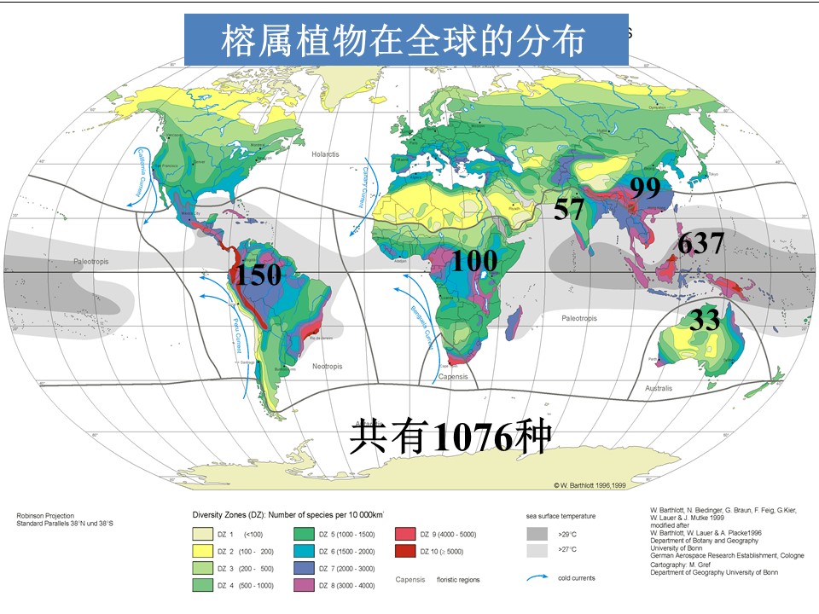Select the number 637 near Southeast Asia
(700, 244)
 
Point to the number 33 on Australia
(705, 321)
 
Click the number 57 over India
(568, 208)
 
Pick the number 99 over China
(645, 188)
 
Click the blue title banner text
(405, 39)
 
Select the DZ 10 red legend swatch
(405, 552)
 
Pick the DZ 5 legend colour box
(303, 534)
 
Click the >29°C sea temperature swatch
(537, 534)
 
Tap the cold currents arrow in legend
(537, 578)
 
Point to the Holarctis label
(325, 153)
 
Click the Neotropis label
(327, 366)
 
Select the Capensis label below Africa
(452, 376)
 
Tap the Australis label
(658, 388)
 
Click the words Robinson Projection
(45, 515)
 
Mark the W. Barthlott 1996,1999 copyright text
(590, 484)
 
